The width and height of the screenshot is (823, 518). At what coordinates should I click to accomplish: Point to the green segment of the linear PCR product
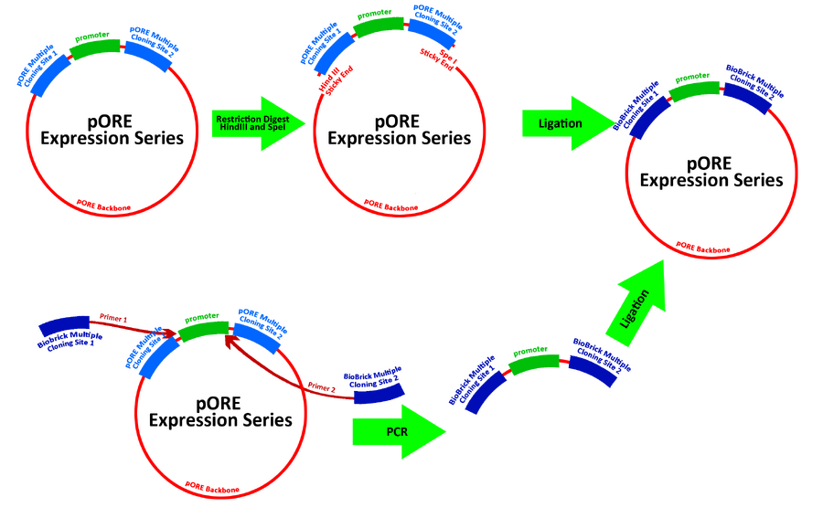point(536,357)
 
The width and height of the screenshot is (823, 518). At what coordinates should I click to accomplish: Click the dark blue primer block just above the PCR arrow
point(374,386)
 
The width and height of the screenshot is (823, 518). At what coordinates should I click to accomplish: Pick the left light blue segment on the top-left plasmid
point(43,64)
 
